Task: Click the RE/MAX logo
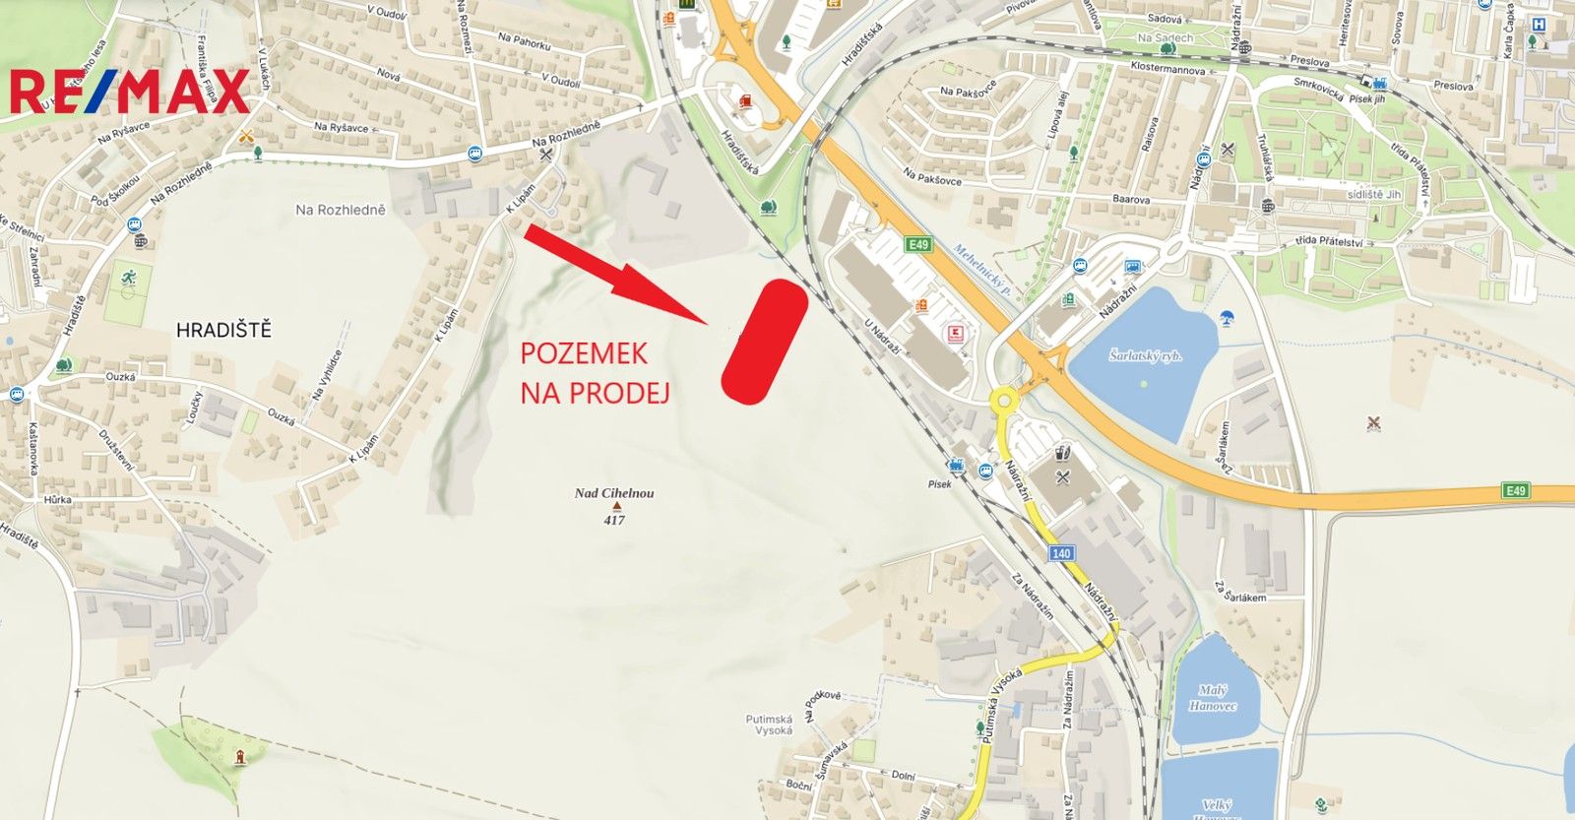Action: pos(130,93)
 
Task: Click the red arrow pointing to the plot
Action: pos(614,273)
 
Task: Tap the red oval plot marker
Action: pos(765,342)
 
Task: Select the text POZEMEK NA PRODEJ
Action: pos(595,373)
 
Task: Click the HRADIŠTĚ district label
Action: pos(223,331)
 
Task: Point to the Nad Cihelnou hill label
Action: pos(614,493)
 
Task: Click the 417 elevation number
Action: pos(614,520)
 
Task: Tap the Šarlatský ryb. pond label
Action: pos(1146,356)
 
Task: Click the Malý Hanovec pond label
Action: pos(1212,698)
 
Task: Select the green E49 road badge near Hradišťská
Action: pos(918,244)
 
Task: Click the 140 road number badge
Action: pos(1060,553)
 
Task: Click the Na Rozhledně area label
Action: pos(341,210)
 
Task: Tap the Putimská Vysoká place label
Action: pos(769,725)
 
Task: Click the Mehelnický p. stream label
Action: pos(981,270)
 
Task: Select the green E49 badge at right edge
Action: pos(1515,490)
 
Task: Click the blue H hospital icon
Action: pos(1539,24)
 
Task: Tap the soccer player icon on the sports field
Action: pos(128,279)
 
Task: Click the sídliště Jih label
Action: pos(1374,195)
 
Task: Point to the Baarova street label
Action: pos(1131,200)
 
